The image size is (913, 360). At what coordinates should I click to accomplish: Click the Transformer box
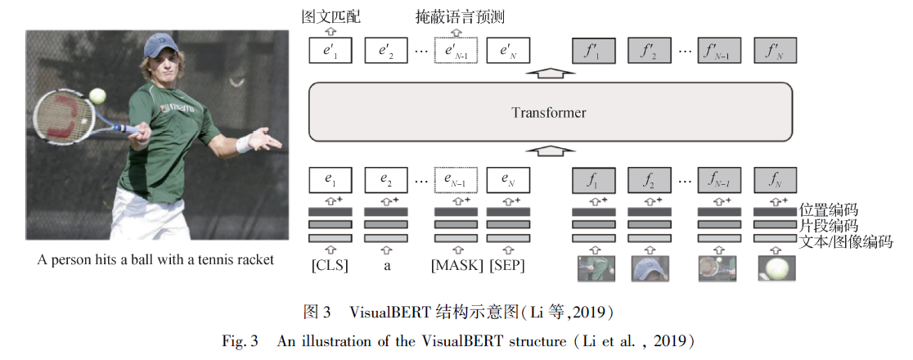pos(549,112)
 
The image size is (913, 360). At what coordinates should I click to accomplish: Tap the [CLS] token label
pos(330,265)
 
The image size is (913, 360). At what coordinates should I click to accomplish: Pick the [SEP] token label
pos(508,265)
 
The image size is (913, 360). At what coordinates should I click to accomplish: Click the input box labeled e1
pos(330,179)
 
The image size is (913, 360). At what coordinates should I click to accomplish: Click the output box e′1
pos(330,51)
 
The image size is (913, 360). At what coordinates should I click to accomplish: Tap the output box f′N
pos(775,51)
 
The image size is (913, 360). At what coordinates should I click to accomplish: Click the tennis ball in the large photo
pos(97,96)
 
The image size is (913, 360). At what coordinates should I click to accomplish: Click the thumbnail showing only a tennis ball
pos(775,268)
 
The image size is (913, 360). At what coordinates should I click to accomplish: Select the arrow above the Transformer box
pos(549,74)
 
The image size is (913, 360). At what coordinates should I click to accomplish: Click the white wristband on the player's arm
pos(245,145)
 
